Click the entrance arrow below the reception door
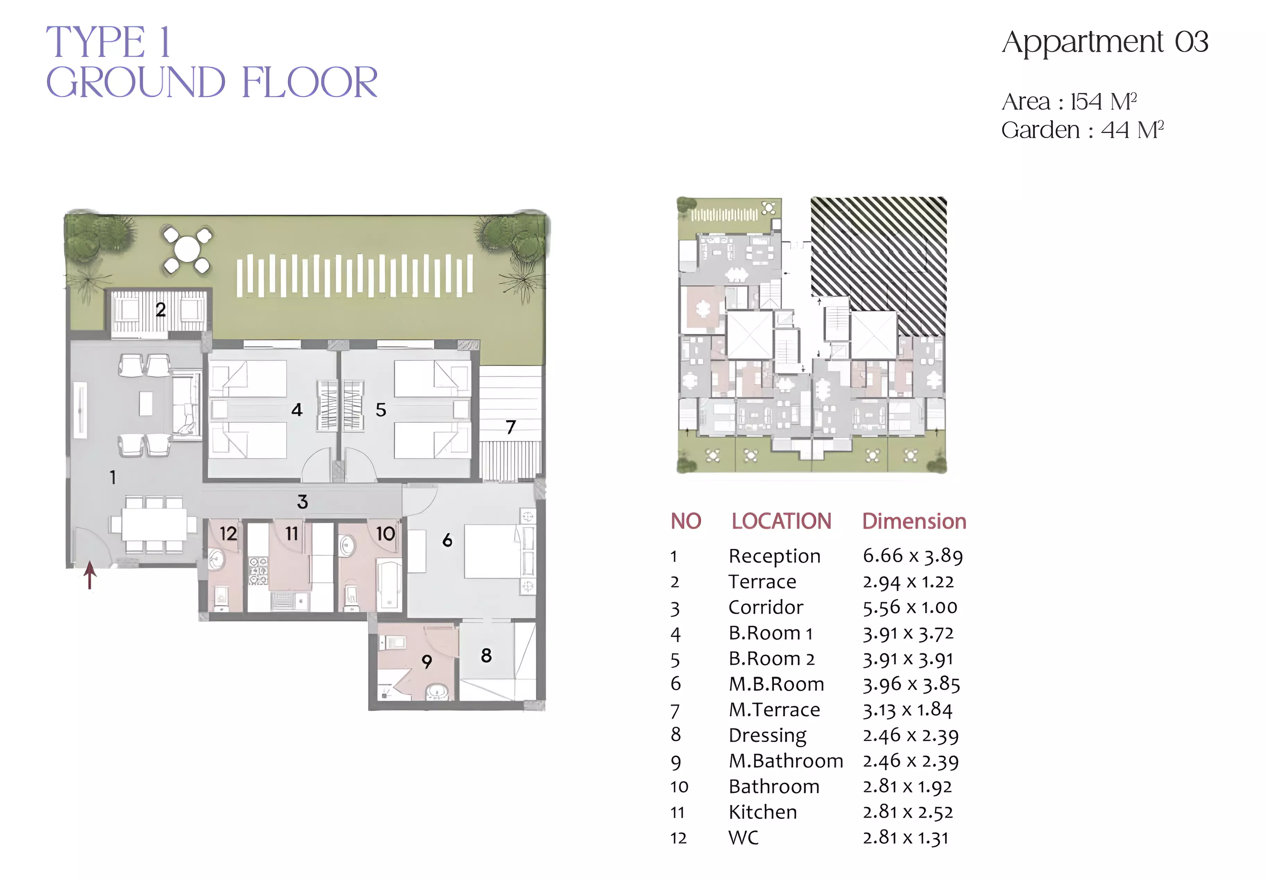coord(90,575)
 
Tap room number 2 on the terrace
coord(160,309)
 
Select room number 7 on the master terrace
coord(510,427)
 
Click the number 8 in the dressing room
coord(486,655)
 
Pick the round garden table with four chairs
coord(187,250)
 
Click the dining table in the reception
coord(154,524)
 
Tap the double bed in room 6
coord(491,551)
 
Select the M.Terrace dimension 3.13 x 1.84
coord(908,710)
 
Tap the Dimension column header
coord(914,521)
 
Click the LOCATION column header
coord(781,521)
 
